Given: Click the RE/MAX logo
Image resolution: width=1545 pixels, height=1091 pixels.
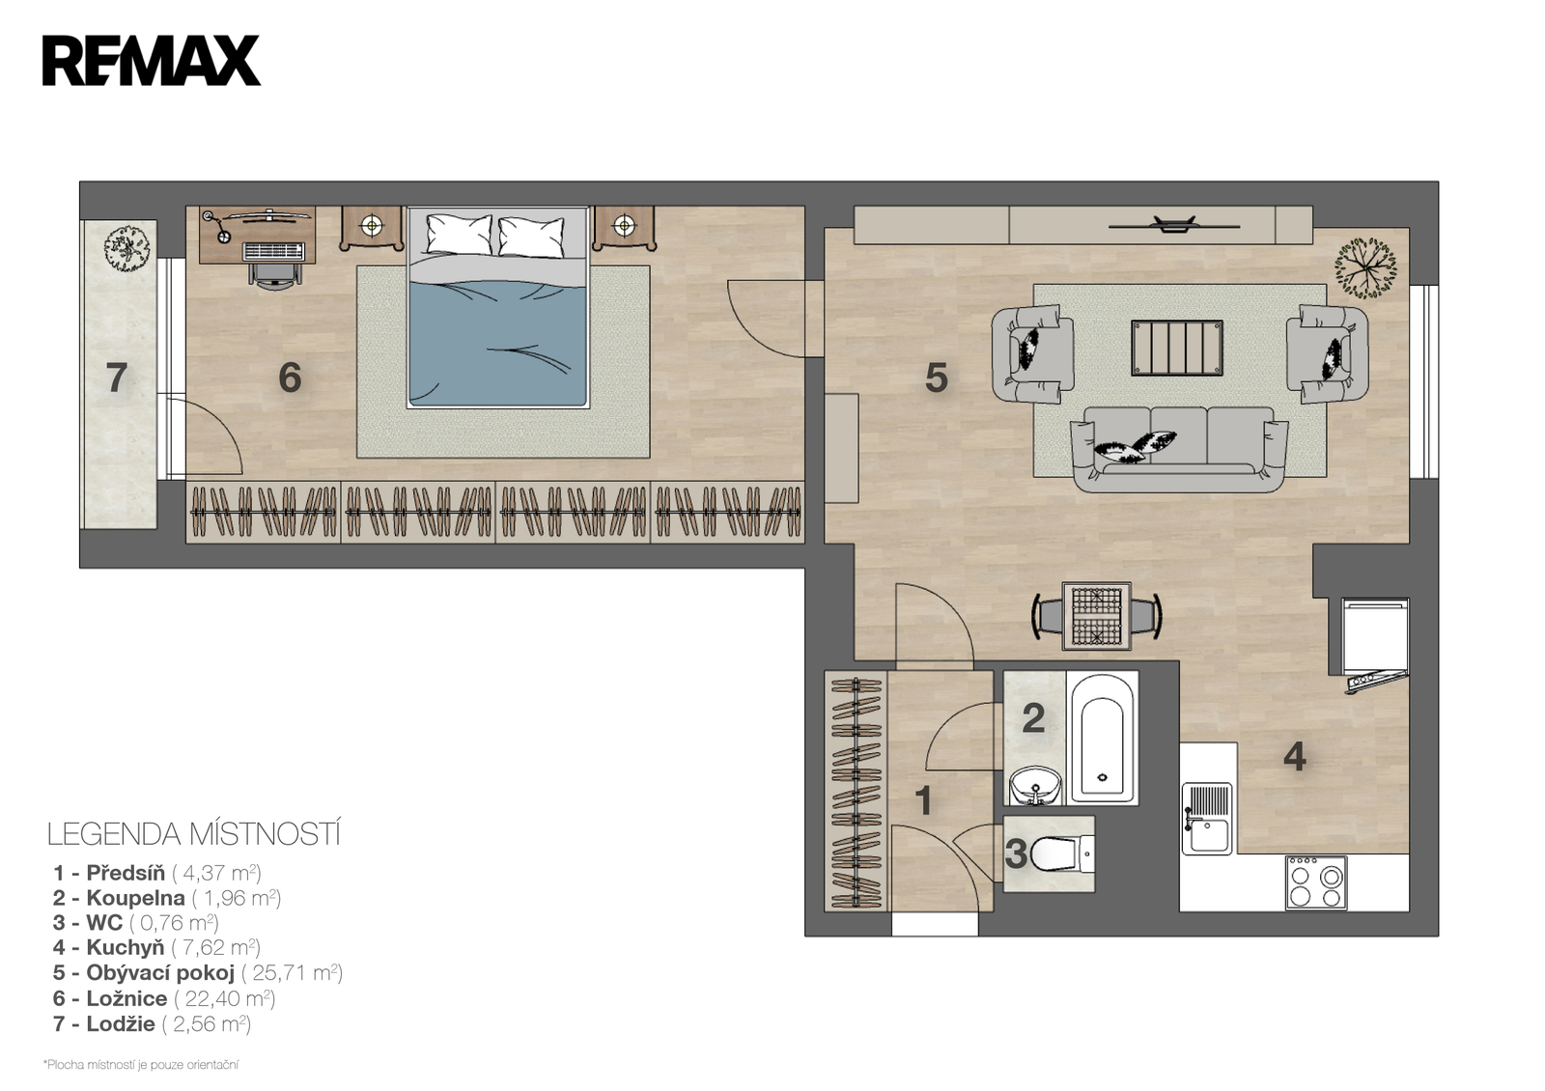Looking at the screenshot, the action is (151, 61).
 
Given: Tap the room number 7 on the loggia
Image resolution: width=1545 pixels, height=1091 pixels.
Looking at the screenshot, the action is (117, 378).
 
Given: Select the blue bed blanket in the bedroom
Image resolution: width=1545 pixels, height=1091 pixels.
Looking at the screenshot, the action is (498, 343).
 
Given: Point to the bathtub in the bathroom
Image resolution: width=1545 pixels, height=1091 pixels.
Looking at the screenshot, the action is (1102, 739).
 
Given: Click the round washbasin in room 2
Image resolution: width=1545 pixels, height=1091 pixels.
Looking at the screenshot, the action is (1035, 786).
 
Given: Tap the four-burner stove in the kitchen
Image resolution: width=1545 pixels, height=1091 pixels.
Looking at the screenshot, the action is (1316, 882).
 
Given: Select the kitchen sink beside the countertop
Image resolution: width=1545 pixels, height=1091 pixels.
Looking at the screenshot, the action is (1206, 819).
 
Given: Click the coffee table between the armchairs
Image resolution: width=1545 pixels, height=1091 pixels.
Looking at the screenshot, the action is (1177, 348).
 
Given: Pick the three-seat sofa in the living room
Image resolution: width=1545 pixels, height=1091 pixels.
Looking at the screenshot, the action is (1179, 449).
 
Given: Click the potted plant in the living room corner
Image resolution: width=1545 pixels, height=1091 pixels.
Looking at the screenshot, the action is (1365, 268).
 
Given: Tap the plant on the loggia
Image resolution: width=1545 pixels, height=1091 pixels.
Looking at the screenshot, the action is (126, 247).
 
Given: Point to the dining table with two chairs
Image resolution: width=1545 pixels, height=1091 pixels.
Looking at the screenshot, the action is (1097, 616).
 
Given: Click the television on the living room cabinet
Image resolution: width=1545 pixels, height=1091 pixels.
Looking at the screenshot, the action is (1174, 225).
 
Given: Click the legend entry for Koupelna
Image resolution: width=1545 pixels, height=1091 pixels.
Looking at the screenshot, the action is (166, 898).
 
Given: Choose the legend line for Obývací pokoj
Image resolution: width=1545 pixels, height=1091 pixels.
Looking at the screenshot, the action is (197, 972).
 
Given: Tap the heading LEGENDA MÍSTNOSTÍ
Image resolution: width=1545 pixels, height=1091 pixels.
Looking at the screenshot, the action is (194, 834).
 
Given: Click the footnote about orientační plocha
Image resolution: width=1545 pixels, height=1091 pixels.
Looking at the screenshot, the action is (141, 1065).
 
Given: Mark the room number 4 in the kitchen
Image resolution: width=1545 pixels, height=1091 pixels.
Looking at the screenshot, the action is (1294, 757).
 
